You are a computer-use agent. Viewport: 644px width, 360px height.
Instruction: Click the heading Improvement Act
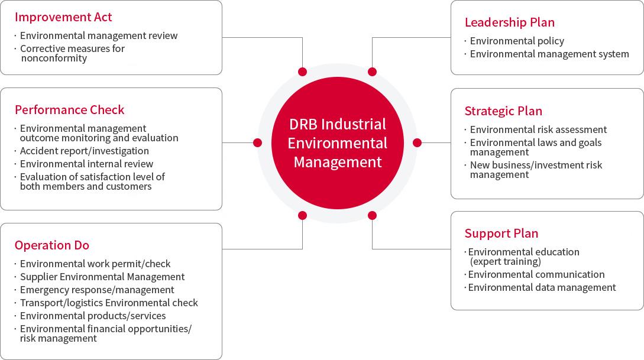[x=63, y=17]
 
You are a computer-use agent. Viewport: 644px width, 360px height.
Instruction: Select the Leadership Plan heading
[x=510, y=22]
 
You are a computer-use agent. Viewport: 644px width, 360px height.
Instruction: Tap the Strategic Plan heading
[x=503, y=111]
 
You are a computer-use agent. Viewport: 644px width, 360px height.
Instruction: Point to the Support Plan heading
[x=501, y=233]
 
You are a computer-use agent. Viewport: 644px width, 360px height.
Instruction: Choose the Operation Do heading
[x=52, y=245]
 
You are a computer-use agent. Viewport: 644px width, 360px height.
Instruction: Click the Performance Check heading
[x=69, y=110]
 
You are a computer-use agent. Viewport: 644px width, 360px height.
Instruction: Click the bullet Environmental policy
[x=517, y=41]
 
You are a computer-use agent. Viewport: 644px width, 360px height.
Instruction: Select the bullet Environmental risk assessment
[x=539, y=129]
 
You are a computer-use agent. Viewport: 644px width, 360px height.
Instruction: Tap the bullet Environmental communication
[x=536, y=275]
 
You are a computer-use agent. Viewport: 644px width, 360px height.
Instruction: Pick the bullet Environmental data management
[x=542, y=288]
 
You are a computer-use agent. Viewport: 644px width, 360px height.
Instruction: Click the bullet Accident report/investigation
[x=85, y=151]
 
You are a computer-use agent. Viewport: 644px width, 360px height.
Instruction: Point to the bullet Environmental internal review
[x=87, y=164]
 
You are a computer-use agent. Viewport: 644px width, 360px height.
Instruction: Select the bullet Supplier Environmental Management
[x=102, y=277]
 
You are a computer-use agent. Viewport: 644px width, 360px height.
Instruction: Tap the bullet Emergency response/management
[x=97, y=290]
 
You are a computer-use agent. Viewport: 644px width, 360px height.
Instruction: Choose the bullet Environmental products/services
[x=93, y=316]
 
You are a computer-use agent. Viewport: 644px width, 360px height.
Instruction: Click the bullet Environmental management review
[x=99, y=35]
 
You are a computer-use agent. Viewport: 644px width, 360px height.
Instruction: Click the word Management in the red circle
[x=338, y=162]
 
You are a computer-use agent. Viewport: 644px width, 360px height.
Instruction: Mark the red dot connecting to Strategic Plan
[x=418, y=143]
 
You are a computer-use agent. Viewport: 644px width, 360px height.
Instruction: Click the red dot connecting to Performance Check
[x=257, y=143]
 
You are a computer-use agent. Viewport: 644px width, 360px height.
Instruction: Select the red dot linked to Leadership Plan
[x=372, y=72]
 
